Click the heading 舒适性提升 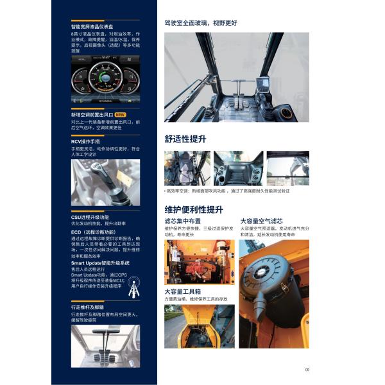pyautogui.click(x=185, y=139)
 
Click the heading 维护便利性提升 pyautogui.click(x=194, y=210)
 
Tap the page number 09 pyautogui.click(x=307, y=369)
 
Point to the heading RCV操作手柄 pyautogui.click(x=85, y=141)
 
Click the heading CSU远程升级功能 pyautogui.click(x=90, y=218)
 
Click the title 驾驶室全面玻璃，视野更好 pyautogui.click(x=201, y=22)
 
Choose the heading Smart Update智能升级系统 pyautogui.click(x=100, y=263)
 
